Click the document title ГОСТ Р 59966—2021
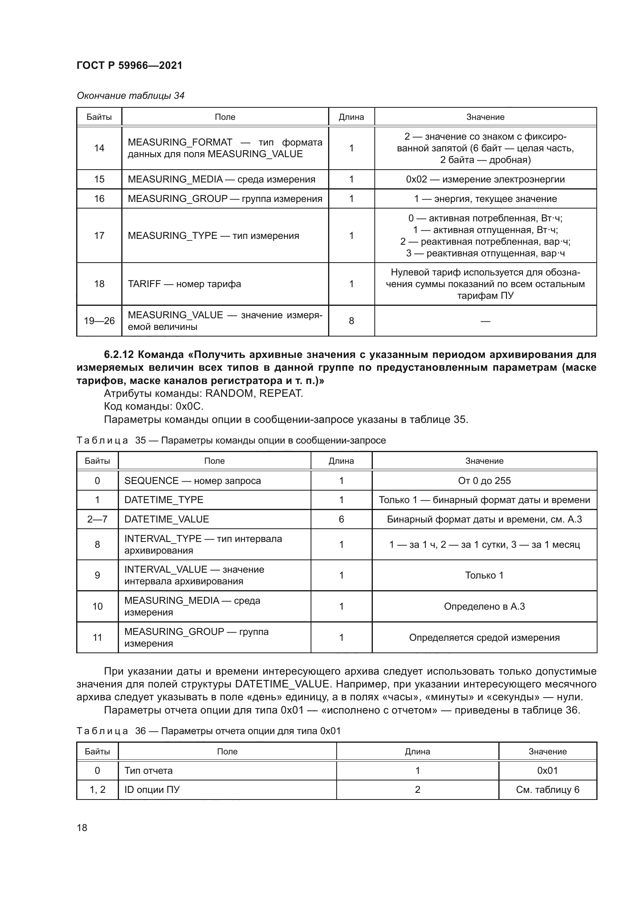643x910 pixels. [129, 65]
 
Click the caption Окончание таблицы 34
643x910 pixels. [130, 96]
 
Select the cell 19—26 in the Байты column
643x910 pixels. [99, 321]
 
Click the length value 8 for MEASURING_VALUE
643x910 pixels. [351, 321]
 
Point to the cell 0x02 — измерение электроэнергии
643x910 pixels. [485, 179]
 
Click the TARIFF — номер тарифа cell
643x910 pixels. [184, 284]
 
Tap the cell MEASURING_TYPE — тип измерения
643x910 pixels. [213, 235]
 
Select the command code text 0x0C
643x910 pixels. [189, 407]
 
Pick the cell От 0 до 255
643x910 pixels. [484, 481]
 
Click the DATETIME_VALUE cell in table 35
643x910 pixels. [167, 519]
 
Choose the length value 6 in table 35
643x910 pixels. [341, 519]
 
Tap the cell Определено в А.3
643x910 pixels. [484, 607]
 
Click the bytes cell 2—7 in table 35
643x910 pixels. [98, 519]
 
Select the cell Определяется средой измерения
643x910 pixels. [484, 637]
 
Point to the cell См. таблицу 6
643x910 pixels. [548, 789]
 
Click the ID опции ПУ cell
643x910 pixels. [152, 789]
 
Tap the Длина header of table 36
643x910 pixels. [417, 752]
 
